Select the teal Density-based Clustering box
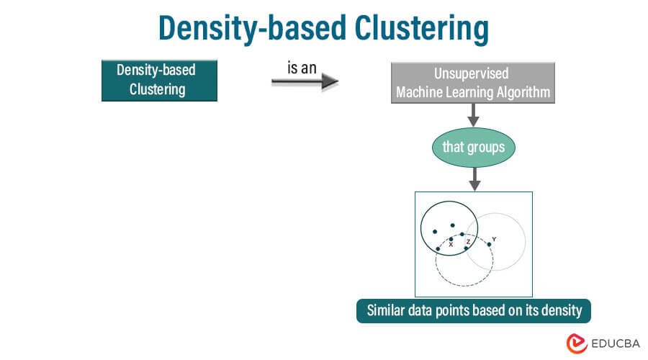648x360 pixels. coord(158,80)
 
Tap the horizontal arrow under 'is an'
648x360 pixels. coord(304,82)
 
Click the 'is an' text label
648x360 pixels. coord(302,68)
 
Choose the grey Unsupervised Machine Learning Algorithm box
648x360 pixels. coord(472,83)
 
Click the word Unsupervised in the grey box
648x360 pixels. coord(472,73)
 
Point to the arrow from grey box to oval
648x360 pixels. coord(473,114)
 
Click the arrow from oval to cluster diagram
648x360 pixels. coord(473,179)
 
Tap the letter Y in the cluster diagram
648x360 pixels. coord(494,238)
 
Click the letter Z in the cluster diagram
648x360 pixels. coord(468,242)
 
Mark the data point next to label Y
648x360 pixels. coord(489,244)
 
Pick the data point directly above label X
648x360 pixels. coord(451,239)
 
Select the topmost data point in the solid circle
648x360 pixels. coord(452,225)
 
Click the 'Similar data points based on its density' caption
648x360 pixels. coord(473,311)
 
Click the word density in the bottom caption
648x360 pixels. coord(557,311)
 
